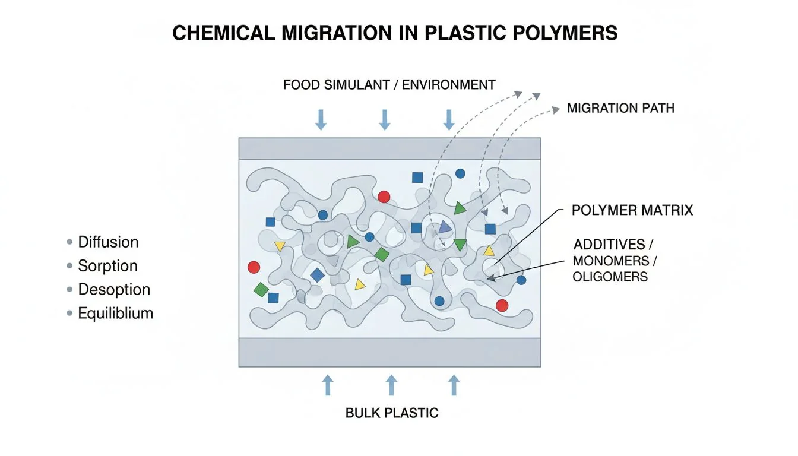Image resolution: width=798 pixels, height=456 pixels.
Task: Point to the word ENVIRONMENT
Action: click(x=449, y=85)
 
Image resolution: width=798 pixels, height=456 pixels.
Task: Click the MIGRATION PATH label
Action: click(x=620, y=109)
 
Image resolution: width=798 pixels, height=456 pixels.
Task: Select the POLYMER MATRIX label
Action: click(x=632, y=210)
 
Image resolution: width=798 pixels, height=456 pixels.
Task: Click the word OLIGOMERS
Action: click(x=610, y=277)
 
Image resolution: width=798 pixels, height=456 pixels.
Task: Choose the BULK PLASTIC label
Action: click(x=392, y=413)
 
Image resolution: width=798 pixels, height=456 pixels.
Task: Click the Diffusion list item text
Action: click(x=108, y=242)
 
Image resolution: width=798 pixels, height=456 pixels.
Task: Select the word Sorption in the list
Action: click(x=108, y=266)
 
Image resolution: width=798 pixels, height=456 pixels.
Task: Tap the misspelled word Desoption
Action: click(x=114, y=290)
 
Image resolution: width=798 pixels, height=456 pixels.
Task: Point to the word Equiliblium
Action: click(x=116, y=313)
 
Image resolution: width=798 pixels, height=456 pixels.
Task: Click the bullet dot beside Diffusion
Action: click(x=70, y=242)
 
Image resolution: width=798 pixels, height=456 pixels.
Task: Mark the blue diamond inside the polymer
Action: click(x=318, y=275)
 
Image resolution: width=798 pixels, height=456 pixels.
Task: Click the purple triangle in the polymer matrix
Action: click(x=445, y=227)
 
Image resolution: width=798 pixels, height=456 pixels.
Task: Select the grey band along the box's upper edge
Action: click(x=389, y=148)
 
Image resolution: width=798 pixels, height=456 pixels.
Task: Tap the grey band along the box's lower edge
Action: click(x=389, y=352)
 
